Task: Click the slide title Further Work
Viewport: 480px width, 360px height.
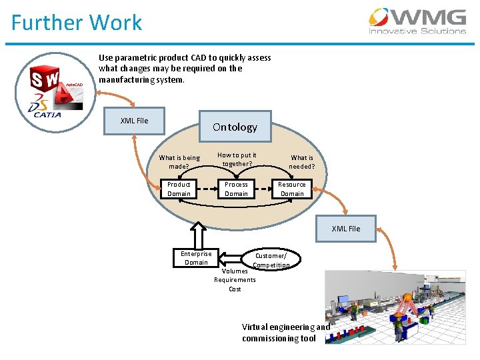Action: tap(77, 23)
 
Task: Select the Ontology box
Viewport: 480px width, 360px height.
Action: tap(235, 127)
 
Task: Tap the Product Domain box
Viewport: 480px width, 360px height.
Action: tap(179, 189)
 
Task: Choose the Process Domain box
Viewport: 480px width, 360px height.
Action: tap(236, 189)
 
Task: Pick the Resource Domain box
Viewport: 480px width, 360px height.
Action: tap(292, 189)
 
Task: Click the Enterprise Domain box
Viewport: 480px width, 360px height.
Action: tap(196, 257)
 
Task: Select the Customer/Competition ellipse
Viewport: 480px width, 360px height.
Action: tap(271, 260)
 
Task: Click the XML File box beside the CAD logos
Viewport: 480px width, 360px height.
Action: tap(134, 121)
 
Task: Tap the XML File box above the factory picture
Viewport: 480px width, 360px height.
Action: tap(346, 229)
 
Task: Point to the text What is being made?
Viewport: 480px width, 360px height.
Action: tap(179, 162)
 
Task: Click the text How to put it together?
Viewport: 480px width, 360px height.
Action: tap(237, 159)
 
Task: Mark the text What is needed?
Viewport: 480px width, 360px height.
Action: tap(302, 162)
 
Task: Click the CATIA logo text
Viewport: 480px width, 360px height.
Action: tap(47, 115)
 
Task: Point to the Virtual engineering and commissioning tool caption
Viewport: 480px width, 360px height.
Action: tap(285, 333)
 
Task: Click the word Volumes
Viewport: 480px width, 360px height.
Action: tap(235, 271)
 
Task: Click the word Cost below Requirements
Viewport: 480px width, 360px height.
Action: tap(235, 289)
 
